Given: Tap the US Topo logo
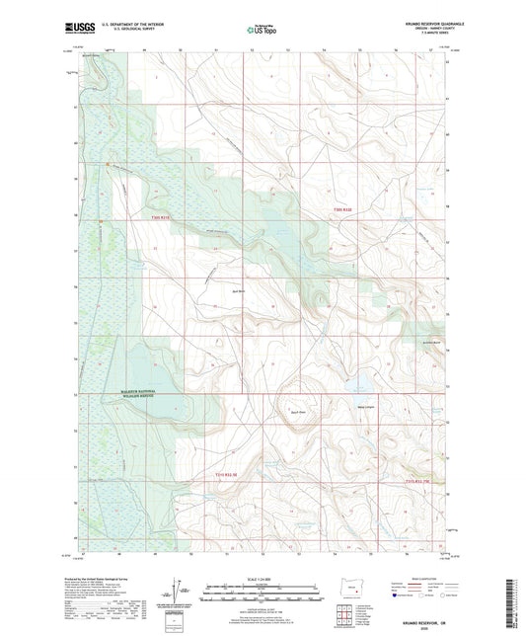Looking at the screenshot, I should click(x=262, y=30).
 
